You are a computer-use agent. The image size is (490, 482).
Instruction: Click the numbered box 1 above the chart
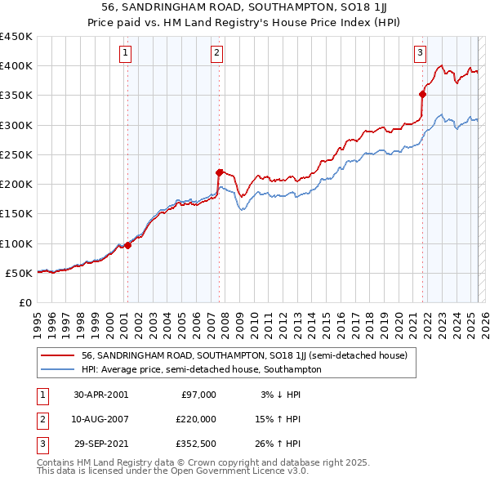[126, 54]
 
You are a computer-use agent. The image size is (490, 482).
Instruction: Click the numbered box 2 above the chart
[217, 54]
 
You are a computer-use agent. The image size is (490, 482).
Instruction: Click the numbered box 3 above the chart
[420, 54]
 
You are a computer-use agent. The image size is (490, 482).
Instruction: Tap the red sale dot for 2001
[128, 245]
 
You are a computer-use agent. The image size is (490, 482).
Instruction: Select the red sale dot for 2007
[219, 172]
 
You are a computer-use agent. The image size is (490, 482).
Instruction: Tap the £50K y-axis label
[20, 273]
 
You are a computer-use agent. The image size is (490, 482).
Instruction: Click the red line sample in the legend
[57, 355]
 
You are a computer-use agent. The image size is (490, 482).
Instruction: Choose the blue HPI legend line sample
[57, 369]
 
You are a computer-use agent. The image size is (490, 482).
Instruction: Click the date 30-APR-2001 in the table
[100, 395]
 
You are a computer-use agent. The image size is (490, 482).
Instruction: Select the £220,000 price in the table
[196, 419]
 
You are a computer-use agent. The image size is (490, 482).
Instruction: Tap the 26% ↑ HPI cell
[278, 444]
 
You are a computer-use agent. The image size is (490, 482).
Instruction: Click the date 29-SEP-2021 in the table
[100, 444]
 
